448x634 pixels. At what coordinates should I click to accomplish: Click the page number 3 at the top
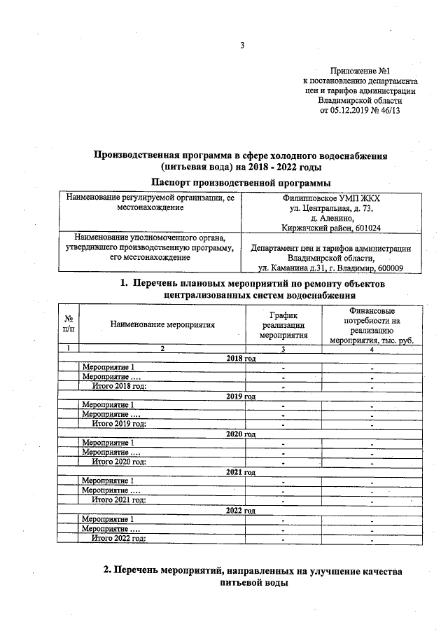coord(242,46)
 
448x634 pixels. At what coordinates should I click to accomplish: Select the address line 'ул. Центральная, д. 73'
coord(331,208)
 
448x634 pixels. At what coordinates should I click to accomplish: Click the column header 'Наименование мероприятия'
coord(162,324)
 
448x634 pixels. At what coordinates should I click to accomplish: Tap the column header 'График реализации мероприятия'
coord(283,325)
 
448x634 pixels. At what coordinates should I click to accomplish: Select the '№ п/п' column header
coord(69,324)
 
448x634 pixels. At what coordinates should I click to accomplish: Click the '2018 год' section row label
coord(241,358)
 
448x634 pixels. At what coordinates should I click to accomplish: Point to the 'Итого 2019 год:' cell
coord(120,424)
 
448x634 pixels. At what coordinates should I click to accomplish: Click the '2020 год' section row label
coord(241,434)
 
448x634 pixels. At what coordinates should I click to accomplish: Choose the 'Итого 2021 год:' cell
coord(120,499)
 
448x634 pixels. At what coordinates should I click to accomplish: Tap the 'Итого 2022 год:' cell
coord(120,538)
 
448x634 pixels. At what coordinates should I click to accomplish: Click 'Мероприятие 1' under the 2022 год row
coord(108,519)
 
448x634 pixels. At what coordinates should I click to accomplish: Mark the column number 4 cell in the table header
coord(372,348)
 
